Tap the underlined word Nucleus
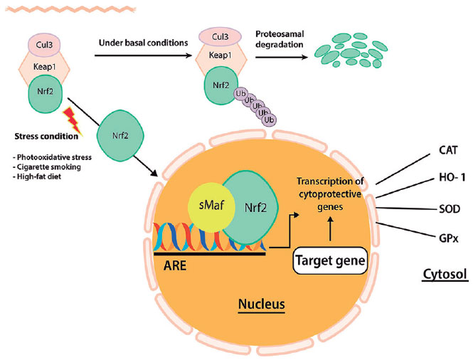[x=261, y=305]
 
